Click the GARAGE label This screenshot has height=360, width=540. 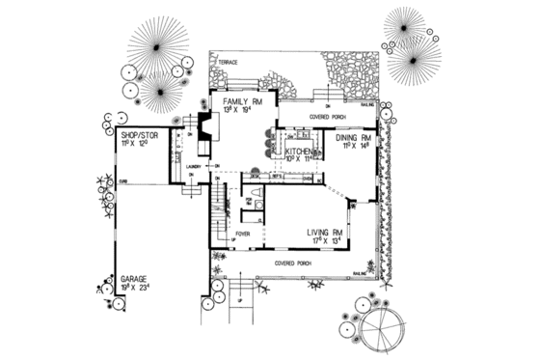pyautogui.click(x=132, y=277)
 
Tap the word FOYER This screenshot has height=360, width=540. pyautogui.click(x=243, y=233)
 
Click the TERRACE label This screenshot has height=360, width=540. pyautogui.click(x=228, y=62)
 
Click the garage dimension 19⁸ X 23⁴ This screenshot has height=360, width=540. pyautogui.click(x=132, y=287)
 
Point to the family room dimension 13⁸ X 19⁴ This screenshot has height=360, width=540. pyautogui.click(x=242, y=111)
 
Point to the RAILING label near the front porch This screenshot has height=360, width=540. pyautogui.click(x=358, y=273)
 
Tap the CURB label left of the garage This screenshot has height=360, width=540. pyautogui.click(x=123, y=180)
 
